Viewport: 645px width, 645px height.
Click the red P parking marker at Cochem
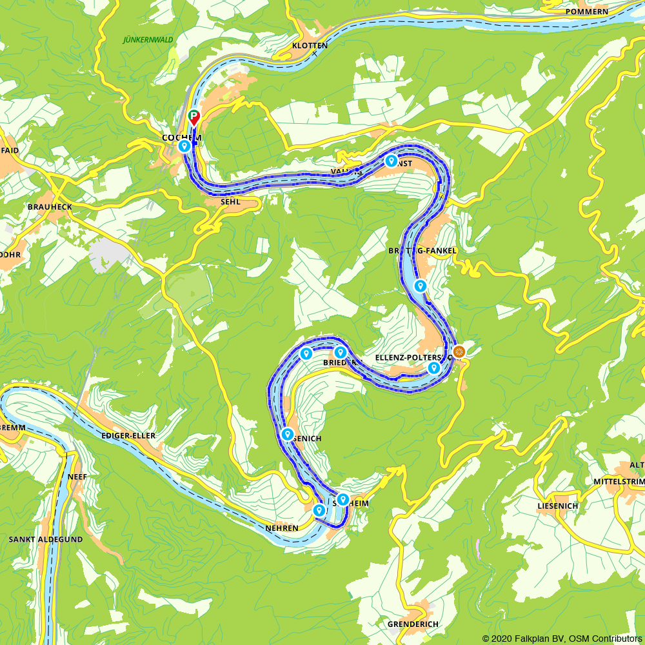pos(193,117)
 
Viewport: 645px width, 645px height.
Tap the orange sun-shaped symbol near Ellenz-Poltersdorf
pos(459,352)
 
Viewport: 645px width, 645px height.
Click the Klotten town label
pos(310,46)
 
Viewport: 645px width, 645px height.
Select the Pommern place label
pos(586,12)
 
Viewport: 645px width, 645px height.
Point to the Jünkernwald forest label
pos(148,39)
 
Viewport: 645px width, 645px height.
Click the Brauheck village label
pos(50,206)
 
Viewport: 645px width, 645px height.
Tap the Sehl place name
pos(230,202)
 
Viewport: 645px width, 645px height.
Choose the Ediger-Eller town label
pos(128,436)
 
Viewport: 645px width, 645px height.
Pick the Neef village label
pos(77,477)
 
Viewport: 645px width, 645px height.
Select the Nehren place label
pos(282,528)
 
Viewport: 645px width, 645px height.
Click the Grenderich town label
pos(413,624)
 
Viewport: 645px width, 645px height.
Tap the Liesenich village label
pos(557,506)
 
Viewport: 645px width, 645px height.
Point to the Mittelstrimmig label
pos(619,481)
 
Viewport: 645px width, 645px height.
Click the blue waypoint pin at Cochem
pos(184,146)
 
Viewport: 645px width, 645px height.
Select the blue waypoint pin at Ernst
pos(391,161)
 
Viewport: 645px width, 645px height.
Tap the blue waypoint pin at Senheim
pos(343,499)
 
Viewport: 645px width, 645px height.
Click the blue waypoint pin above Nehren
pos(319,510)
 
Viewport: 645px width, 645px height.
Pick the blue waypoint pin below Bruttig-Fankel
pos(420,286)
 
